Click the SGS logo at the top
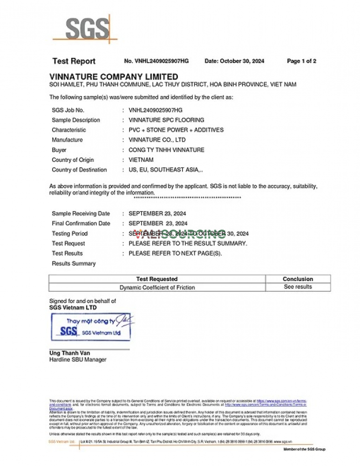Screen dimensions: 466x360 click(86, 29)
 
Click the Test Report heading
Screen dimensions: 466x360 click(74, 61)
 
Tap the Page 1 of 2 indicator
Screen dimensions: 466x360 click(301, 61)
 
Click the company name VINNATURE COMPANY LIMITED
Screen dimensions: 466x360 click(114, 76)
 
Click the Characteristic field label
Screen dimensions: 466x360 click(69, 130)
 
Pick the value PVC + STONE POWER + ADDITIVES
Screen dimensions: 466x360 click(176, 130)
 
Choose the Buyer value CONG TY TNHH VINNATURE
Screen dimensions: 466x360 click(166, 150)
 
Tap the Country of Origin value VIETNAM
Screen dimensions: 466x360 click(141, 160)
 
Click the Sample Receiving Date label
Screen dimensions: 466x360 click(81, 213)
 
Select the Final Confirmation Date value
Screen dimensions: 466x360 click(158, 224)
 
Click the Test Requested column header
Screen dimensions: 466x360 click(156, 279)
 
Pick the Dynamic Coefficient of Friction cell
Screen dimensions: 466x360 click(157, 288)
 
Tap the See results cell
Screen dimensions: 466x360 click(298, 287)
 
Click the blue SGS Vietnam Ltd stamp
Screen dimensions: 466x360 click(91, 327)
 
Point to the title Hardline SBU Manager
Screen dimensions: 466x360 click(78, 360)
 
